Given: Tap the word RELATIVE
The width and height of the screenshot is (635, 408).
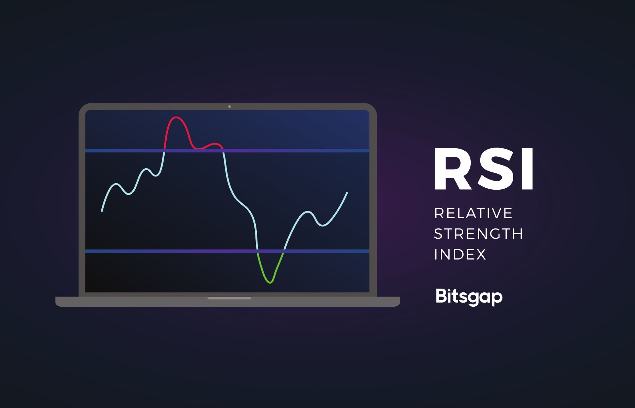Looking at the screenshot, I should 473,214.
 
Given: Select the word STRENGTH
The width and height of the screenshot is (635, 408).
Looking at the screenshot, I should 479,234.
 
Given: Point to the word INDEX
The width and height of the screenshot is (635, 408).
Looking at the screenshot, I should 460,254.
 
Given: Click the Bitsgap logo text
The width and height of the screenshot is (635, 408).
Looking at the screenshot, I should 469,297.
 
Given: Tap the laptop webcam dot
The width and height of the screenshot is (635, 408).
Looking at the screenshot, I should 230,107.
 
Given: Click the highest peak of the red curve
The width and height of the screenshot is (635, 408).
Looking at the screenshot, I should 176,117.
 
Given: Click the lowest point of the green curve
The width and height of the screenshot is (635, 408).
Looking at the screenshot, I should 270,283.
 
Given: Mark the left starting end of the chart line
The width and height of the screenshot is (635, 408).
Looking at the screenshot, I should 102,211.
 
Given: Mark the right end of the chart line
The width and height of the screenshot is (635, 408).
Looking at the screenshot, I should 347,193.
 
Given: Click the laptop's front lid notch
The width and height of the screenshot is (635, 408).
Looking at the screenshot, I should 229,298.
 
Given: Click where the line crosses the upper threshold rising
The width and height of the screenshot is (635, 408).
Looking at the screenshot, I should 164,151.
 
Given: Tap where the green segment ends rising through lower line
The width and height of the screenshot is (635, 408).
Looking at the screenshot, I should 284,251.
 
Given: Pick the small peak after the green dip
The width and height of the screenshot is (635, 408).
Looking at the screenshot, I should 308,212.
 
